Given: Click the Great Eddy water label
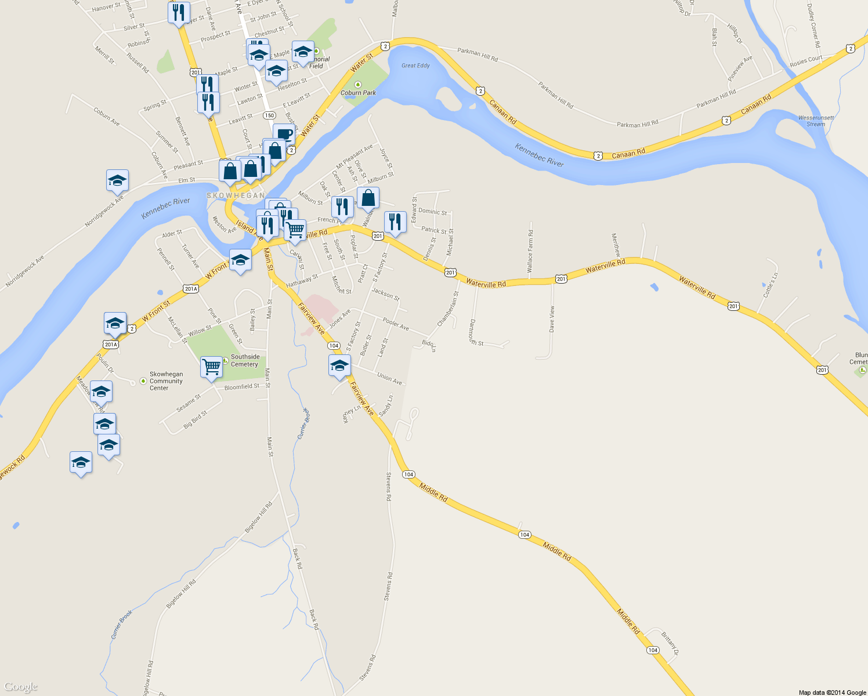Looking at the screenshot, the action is [415, 66].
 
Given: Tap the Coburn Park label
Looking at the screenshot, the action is [358, 93].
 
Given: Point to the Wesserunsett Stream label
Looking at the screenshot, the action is [816, 121].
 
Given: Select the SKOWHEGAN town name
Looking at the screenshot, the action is [236, 195].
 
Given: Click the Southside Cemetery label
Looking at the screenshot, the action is [245, 361].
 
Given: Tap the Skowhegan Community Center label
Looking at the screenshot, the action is [166, 381].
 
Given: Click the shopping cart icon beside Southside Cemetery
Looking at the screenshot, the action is [211, 367].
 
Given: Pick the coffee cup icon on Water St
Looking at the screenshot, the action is [284, 134].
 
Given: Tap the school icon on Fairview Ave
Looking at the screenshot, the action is [339, 365].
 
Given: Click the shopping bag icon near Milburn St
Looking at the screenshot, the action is [368, 198].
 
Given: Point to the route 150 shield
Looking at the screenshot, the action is [269, 115].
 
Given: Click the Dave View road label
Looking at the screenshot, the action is [552, 318].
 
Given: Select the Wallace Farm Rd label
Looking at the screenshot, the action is [530, 251].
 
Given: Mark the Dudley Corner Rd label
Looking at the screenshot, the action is [813, 26].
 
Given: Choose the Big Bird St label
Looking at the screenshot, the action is [195, 420].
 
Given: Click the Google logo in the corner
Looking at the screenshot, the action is [21, 687].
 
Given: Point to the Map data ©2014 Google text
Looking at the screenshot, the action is [832, 693].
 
